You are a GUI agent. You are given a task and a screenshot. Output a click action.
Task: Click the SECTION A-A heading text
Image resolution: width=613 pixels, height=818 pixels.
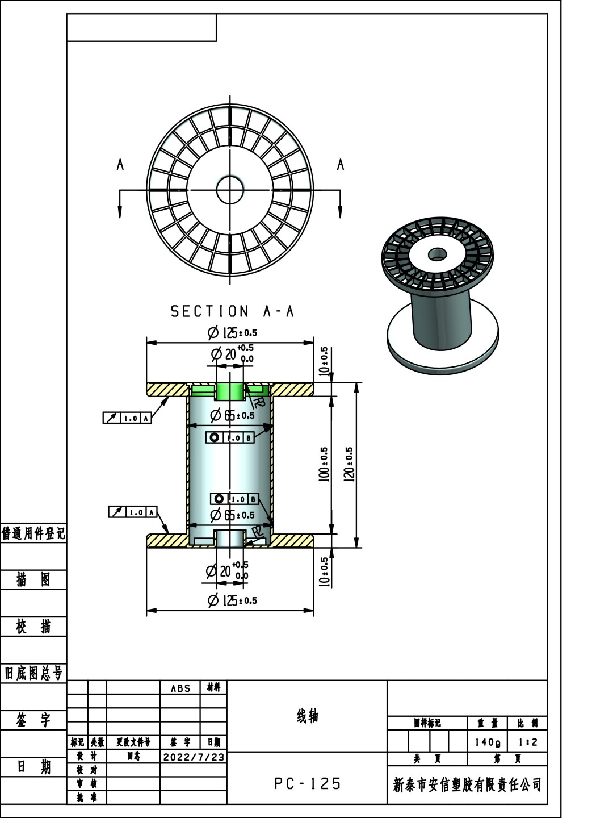(x=232, y=311)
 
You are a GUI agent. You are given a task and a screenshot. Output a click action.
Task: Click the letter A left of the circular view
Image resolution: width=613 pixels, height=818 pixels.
(x=120, y=165)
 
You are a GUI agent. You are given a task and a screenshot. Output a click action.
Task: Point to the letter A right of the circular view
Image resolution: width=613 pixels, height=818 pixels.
(x=341, y=165)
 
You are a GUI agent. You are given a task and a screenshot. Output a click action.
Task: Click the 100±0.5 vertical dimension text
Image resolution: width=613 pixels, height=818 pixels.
(x=324, y=464)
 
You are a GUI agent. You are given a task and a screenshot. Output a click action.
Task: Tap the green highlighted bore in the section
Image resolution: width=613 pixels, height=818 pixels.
(x=230, y=391)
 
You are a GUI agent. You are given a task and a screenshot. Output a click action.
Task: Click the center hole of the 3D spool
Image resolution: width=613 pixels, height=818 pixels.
(x=436, y=253)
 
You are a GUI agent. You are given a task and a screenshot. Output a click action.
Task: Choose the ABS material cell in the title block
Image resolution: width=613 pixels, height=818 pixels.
(x=180, y=688)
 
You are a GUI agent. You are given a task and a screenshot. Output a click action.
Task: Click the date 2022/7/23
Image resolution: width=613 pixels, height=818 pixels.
(x=194, y=757)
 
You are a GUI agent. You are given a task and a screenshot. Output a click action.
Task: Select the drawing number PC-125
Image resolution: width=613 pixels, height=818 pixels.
(x=307, y=784)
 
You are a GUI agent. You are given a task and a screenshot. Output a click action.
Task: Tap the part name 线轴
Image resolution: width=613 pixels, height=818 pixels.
(x=307, y=716)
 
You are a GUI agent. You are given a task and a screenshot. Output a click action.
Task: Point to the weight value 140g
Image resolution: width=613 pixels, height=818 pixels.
(x=488, y=742)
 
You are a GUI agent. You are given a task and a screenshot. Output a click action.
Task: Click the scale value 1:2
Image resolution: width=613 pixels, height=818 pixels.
(x=527, y=742)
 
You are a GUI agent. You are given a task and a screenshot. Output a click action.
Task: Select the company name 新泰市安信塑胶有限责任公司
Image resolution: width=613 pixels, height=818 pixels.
(x=467, y=785)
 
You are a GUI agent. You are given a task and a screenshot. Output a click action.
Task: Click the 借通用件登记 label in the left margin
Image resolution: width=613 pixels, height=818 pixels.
(x=33, y=533)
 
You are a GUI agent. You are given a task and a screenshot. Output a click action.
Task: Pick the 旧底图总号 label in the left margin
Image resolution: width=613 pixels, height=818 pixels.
(x=33, y=674)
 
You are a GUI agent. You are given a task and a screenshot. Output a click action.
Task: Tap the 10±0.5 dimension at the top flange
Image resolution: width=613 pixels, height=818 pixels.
(x=324, y=361)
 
